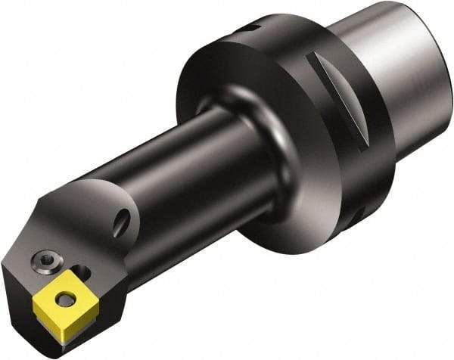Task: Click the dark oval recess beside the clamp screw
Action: [84, 272]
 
